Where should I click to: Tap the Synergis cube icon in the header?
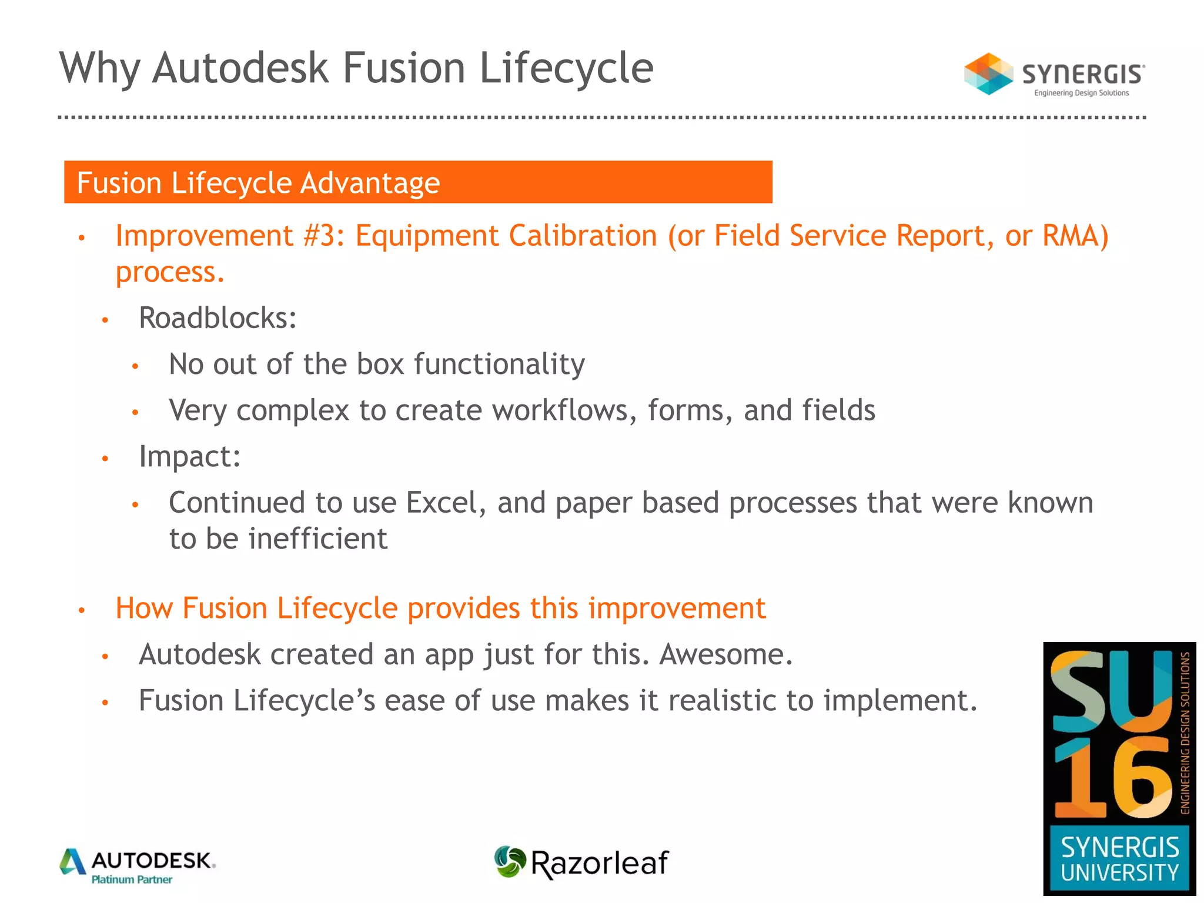(988, 74)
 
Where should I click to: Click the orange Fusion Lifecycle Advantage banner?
(417, 182)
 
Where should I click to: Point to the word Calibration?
(583, 236)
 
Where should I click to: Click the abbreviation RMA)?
(1075, 236)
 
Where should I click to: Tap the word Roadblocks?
(218, 318)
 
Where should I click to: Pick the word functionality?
(499, 364)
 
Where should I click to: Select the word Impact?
(190, 456)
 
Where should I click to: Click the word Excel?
(446, 503)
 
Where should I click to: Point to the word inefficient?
(318, 539)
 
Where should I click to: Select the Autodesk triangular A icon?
(73, 862)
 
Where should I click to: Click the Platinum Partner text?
(132, 880)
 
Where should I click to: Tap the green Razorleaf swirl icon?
(509, 862)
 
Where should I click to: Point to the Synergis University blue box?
(1119, 859)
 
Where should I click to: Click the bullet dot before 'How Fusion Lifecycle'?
(82, 610)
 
